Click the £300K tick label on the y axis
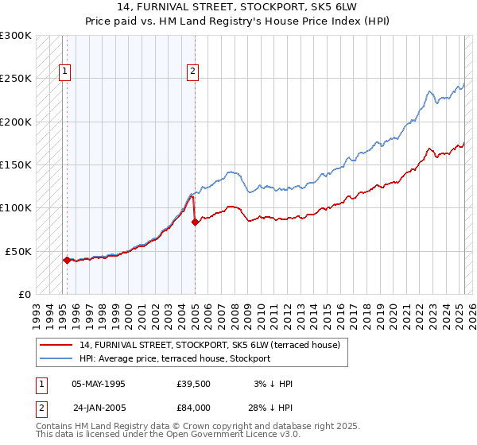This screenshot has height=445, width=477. pyautogui.click(x=16, y=36)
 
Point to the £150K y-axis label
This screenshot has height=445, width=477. pyautogui.click(x=16, y=165)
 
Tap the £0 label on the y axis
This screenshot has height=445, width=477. pyautogui.click(x=23, y=294)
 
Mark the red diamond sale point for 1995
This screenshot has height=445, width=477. pyautogui.click(x=67, y=260)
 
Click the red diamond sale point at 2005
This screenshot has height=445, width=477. pyautogui.click(x=195, y=222)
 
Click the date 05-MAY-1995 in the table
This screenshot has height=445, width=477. pyautogui.click(x=99, y=384)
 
